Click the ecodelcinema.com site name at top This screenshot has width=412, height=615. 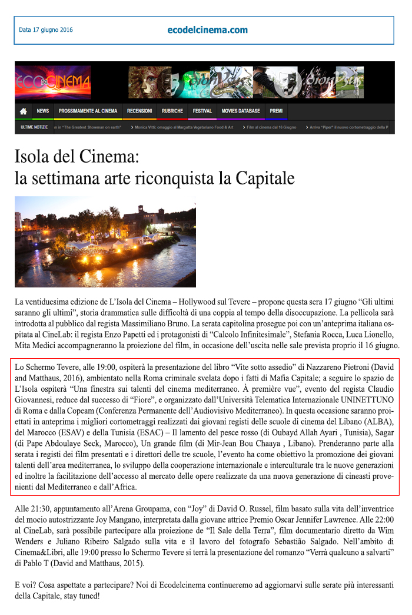coord(207,30)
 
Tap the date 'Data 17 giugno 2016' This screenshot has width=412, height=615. coord(46,29)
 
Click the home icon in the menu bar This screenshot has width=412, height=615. coord(24,111)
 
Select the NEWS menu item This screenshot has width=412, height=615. coord(43,111)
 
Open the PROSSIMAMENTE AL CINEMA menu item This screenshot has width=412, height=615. coord(88,111)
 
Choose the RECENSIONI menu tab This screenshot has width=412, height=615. coord(139,111)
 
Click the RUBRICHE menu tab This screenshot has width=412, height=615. coord(172,111)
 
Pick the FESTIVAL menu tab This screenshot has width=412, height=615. coord(202,111)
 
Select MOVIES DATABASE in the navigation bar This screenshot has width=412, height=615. coord(241,111)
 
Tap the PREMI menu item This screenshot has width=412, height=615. coord(276,111)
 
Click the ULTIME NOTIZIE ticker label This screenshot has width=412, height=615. coord(34,127)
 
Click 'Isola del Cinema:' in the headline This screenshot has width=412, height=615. coord(76,157)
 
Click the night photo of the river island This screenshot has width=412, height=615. coord(105,242)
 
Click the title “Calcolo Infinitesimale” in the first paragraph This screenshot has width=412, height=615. coord(199,334)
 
